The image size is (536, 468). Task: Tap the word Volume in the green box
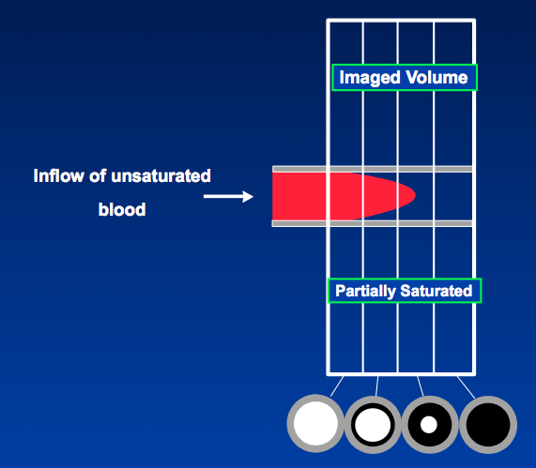436,77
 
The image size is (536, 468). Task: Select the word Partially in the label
365,292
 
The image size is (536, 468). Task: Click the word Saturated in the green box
436,291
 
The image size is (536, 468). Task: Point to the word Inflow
59,176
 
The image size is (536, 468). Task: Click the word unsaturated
161,176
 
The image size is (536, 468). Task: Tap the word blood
122,209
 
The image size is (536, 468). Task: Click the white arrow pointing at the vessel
228,196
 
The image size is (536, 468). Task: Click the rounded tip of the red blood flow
414,195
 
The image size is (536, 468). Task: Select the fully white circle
315,424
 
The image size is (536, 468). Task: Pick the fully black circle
488,425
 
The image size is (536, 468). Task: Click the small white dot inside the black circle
429,425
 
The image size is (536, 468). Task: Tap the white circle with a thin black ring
373,425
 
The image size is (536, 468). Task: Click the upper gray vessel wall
373,169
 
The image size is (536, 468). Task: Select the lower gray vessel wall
373,223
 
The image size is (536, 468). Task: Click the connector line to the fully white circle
337,386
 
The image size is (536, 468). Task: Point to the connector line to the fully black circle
466,387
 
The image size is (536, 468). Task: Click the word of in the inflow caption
98,176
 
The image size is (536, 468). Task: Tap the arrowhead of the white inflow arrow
248,196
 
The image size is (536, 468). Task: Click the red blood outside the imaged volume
299,196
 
